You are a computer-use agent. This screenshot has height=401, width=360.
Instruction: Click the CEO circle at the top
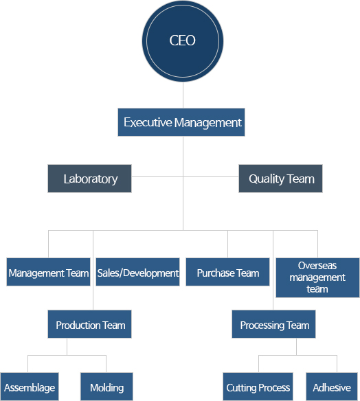click(183, 41)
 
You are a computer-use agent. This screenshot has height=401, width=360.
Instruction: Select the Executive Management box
click(181, 122)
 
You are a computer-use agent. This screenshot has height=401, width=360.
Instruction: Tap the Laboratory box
click(89, 179)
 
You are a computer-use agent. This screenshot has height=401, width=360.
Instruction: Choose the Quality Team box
click(280, 179)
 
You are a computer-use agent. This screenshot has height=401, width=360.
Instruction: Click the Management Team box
click(48, 272)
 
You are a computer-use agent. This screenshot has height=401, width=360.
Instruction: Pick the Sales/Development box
click(137, 272)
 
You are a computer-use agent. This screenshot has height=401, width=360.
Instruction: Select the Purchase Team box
click(227, 272)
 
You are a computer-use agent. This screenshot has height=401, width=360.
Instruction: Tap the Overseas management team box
click(317, 277)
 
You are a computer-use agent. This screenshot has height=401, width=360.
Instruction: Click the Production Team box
click(89, 324)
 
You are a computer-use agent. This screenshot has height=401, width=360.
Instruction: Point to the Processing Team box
click(273, 324)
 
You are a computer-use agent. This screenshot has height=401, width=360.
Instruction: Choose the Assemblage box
click(30, 387)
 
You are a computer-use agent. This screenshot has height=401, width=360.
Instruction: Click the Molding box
click(106, 387)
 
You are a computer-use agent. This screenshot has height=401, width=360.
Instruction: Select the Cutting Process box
click(258, 387)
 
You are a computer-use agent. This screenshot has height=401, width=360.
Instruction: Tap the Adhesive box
click(332, 387)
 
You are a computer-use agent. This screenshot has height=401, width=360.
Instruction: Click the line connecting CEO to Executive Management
click(183, 95)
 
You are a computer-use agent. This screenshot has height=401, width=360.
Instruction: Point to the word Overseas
click(317, 266)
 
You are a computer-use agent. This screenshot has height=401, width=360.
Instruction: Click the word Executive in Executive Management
click(148, 122)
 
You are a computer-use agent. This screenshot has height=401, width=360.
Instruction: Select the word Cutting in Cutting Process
click(240, 388)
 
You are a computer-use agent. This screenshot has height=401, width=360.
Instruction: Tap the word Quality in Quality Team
click(267, 179)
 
